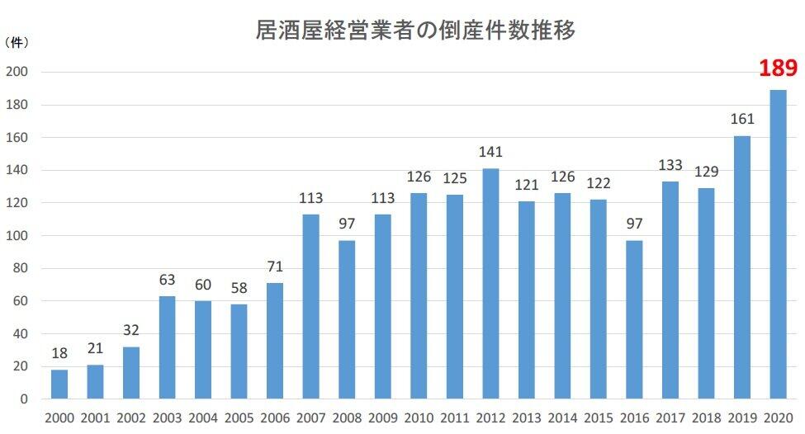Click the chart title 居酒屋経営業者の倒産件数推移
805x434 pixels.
click(x=415, y=31)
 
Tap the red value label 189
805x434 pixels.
click(x=778, y=68)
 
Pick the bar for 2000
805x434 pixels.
click(x=59, y=384)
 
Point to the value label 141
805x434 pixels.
click(x=490, y=153)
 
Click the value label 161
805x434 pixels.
click(x=741, y=120)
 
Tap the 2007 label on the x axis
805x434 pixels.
click(x=311, y=418)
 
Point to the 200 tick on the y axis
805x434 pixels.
click(x=17, y=72)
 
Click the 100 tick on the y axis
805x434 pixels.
click(x=17, y=236)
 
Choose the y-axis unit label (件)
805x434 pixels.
click(x=17, y=40)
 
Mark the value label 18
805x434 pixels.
click(x=59, y=353)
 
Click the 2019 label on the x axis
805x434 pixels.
click(x=741, y=418)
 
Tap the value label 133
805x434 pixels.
click(x=670, y=166)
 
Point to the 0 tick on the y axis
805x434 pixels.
click(x=24, y=399)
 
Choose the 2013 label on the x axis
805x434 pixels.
click(x=526, y=418)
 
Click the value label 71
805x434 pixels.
click(x=275, y=267)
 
